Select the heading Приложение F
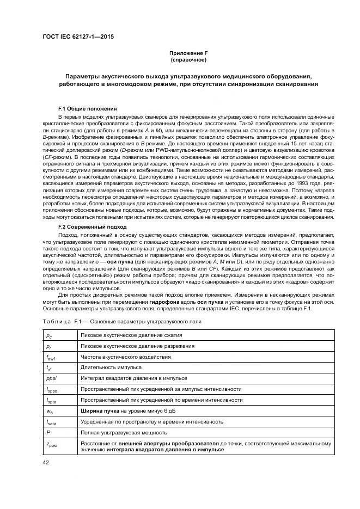(x=187, y=53)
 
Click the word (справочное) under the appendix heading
(x=187, y=60)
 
